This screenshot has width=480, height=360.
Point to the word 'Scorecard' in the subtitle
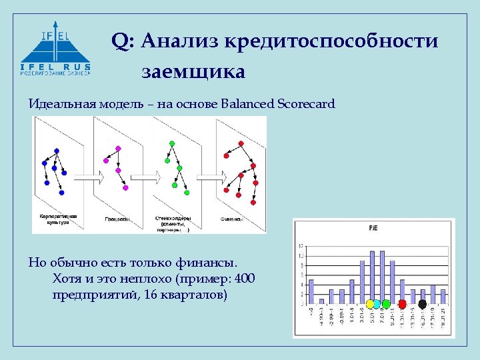coord(307,104)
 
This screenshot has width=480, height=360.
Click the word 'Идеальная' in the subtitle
coord(62,104)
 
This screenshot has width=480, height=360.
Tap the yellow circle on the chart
coord(370,304)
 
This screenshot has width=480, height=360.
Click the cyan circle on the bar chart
coord(377,304)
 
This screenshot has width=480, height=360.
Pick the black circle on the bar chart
coord(422,304)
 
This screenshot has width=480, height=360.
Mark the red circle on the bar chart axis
coord(402,304)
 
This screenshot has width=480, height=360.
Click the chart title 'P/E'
coord(374,228)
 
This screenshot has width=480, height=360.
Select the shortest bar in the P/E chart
coord(321,301)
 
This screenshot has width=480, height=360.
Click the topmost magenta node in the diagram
coord(118,147)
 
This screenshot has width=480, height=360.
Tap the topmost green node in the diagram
coord(172,143)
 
